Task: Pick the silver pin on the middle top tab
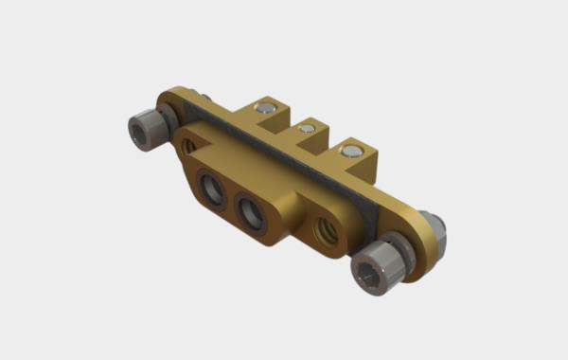(306, 128)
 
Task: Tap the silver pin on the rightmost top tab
(352, 150)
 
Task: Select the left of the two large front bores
(211, 189)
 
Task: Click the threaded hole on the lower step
(321, 231)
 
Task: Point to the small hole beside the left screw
(190, 147)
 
